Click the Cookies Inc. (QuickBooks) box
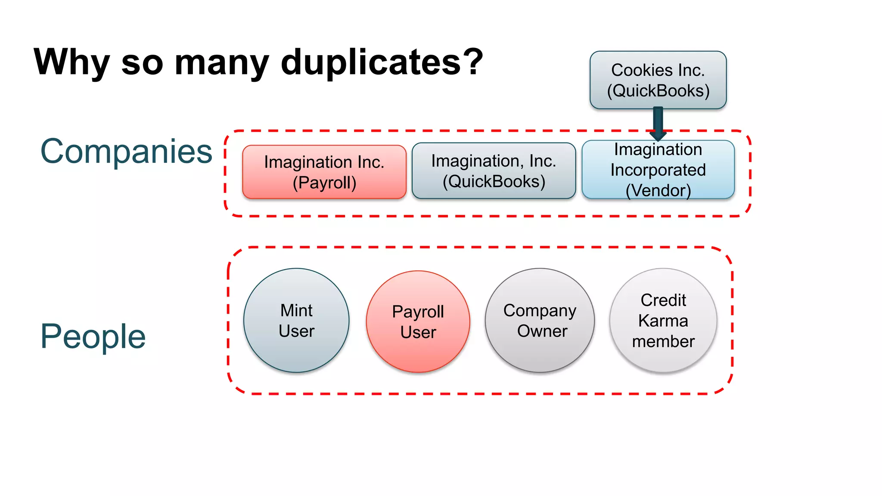click(x=658, y=80)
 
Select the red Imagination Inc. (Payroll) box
click(x=324, y=172)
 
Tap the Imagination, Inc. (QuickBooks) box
click(x=494, y=171)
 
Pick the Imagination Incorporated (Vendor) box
click(x=658, y=170)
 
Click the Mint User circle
click(x=296, y=320)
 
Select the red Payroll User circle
click(x=418, y=322)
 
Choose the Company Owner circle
click(x=540, y=320)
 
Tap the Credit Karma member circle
click(x=663, y=320)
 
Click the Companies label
click(x=126, y=152)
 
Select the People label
click(x=93, y=337)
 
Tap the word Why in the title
click(x=72, y=62)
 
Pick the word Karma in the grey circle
click(x=663, y=321)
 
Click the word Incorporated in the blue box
click(x=658, y=170)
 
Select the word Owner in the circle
click(x=542, y=331)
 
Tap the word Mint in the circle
click(x=296, y=310)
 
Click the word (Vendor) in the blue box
click(x=658, y=191)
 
